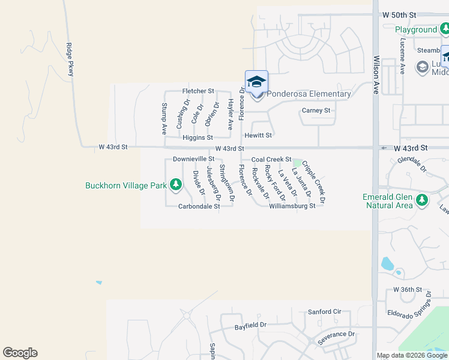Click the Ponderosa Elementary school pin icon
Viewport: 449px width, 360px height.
[x=256, y=83]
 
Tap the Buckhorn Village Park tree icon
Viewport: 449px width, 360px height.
[x=176, y=185]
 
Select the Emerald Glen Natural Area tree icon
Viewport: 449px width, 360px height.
[x=421, y=200]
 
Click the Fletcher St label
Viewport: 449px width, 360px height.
[x=198, y=91]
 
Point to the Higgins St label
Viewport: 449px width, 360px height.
[x=198, y=138]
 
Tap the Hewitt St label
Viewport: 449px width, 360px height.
[x=258, y=136]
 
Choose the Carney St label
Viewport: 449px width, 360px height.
[x=316, y=111]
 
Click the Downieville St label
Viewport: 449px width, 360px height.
[x=193, y=159]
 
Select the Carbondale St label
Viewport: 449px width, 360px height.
[x=199, y=206]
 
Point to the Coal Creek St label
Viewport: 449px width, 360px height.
[x=271, y=160]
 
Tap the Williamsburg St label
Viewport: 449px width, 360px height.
[x=292, y=206]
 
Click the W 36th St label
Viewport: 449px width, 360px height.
[x=408, y=290]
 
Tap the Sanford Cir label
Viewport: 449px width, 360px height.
[x=324, y=312]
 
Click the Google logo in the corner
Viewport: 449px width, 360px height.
[x=20, y=353]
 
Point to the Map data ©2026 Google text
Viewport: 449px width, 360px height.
[x=412, y=355]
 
